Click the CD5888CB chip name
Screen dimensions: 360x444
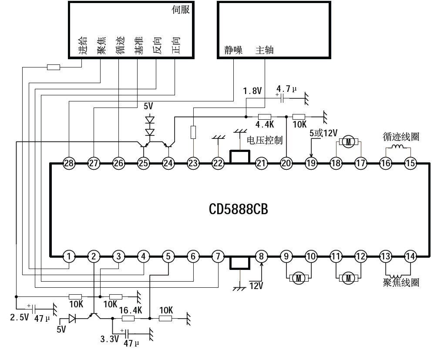pos(238,209)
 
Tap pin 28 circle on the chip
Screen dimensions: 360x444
pos(68,163)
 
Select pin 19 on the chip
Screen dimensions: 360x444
pos(310,163)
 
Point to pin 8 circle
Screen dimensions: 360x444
pos(261,256)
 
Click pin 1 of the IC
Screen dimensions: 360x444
pos(68,256)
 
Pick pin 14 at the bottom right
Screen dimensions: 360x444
pos(410,256)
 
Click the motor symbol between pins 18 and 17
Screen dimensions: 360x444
pos(348,141)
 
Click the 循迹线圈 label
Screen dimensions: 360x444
pos(401,137)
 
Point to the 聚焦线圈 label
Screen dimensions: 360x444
pos(401,283)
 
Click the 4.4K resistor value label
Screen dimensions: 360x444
pos(264,124)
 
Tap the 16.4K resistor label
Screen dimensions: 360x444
pos(130,310)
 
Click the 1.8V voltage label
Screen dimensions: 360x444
pos(252,91)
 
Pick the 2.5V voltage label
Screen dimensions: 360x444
pos(19,317)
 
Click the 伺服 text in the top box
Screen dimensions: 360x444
pos(181,10)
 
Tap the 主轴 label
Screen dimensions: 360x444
pos(265,50)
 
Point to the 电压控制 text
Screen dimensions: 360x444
pos(265,140)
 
